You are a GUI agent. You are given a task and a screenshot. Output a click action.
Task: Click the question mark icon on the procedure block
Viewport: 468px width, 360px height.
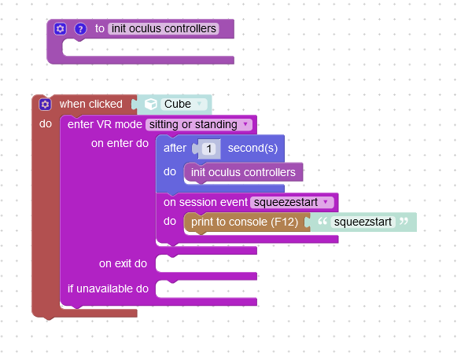pos(80,29)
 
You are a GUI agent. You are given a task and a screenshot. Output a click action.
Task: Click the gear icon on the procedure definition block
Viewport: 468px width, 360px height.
pos(60,29)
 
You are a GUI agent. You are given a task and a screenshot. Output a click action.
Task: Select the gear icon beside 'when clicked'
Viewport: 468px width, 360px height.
pos(45,105)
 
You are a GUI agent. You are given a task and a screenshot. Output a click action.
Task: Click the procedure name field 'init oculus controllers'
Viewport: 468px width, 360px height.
pos(164,28)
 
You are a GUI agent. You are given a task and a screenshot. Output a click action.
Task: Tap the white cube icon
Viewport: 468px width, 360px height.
pos(151,104)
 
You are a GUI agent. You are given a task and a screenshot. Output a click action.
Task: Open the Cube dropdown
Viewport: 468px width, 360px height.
pos(184,104)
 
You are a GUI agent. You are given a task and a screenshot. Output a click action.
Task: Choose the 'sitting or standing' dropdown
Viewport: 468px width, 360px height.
pos(199,124)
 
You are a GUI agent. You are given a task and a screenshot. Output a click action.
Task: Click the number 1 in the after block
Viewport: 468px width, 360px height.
pos(209,149)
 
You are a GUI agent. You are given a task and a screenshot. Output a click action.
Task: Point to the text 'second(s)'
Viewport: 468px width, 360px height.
pos(252,149)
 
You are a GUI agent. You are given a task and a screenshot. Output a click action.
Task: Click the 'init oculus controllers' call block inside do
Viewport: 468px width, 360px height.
pos(243,172)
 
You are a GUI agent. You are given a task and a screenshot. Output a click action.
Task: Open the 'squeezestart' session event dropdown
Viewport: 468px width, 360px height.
pos(292,203)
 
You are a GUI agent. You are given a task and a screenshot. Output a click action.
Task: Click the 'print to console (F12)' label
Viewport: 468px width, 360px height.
pos(245,222)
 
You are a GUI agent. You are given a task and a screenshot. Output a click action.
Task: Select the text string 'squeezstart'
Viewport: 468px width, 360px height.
pos(363,222)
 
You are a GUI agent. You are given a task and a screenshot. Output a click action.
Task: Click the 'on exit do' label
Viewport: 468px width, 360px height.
pos(123,263)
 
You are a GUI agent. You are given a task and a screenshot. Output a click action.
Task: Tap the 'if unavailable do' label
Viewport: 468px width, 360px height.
pos(108,288)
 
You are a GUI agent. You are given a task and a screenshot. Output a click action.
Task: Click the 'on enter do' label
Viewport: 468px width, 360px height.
pos(120,144)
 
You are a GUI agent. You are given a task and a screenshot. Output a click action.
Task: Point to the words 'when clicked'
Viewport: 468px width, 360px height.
pos(91,104)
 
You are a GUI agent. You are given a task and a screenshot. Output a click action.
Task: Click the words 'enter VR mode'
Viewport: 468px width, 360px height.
pos(105,124)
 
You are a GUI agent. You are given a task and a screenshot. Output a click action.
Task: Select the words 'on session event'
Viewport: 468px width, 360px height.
pos(205,203)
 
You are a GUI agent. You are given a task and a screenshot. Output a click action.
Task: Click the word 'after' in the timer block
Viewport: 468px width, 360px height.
pos(175,149)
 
